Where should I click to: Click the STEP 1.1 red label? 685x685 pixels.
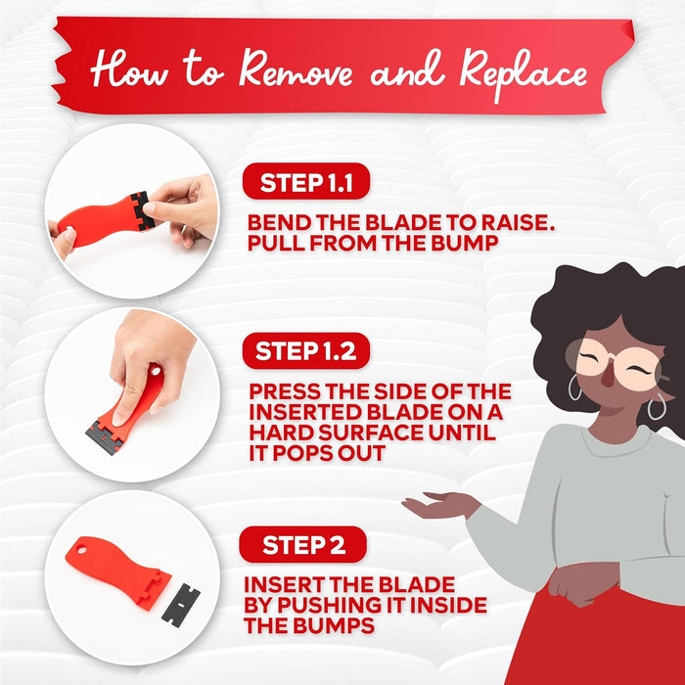306,181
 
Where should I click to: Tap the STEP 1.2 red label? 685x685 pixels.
306,350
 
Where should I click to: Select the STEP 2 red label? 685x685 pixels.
303,544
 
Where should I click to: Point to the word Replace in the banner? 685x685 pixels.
524,75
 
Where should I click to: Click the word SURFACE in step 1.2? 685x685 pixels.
372,433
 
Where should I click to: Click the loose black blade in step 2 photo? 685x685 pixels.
181,605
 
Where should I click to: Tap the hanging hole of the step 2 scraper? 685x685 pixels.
82,549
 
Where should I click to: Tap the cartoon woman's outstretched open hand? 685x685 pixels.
439,504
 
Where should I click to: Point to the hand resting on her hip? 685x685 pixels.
581,583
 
